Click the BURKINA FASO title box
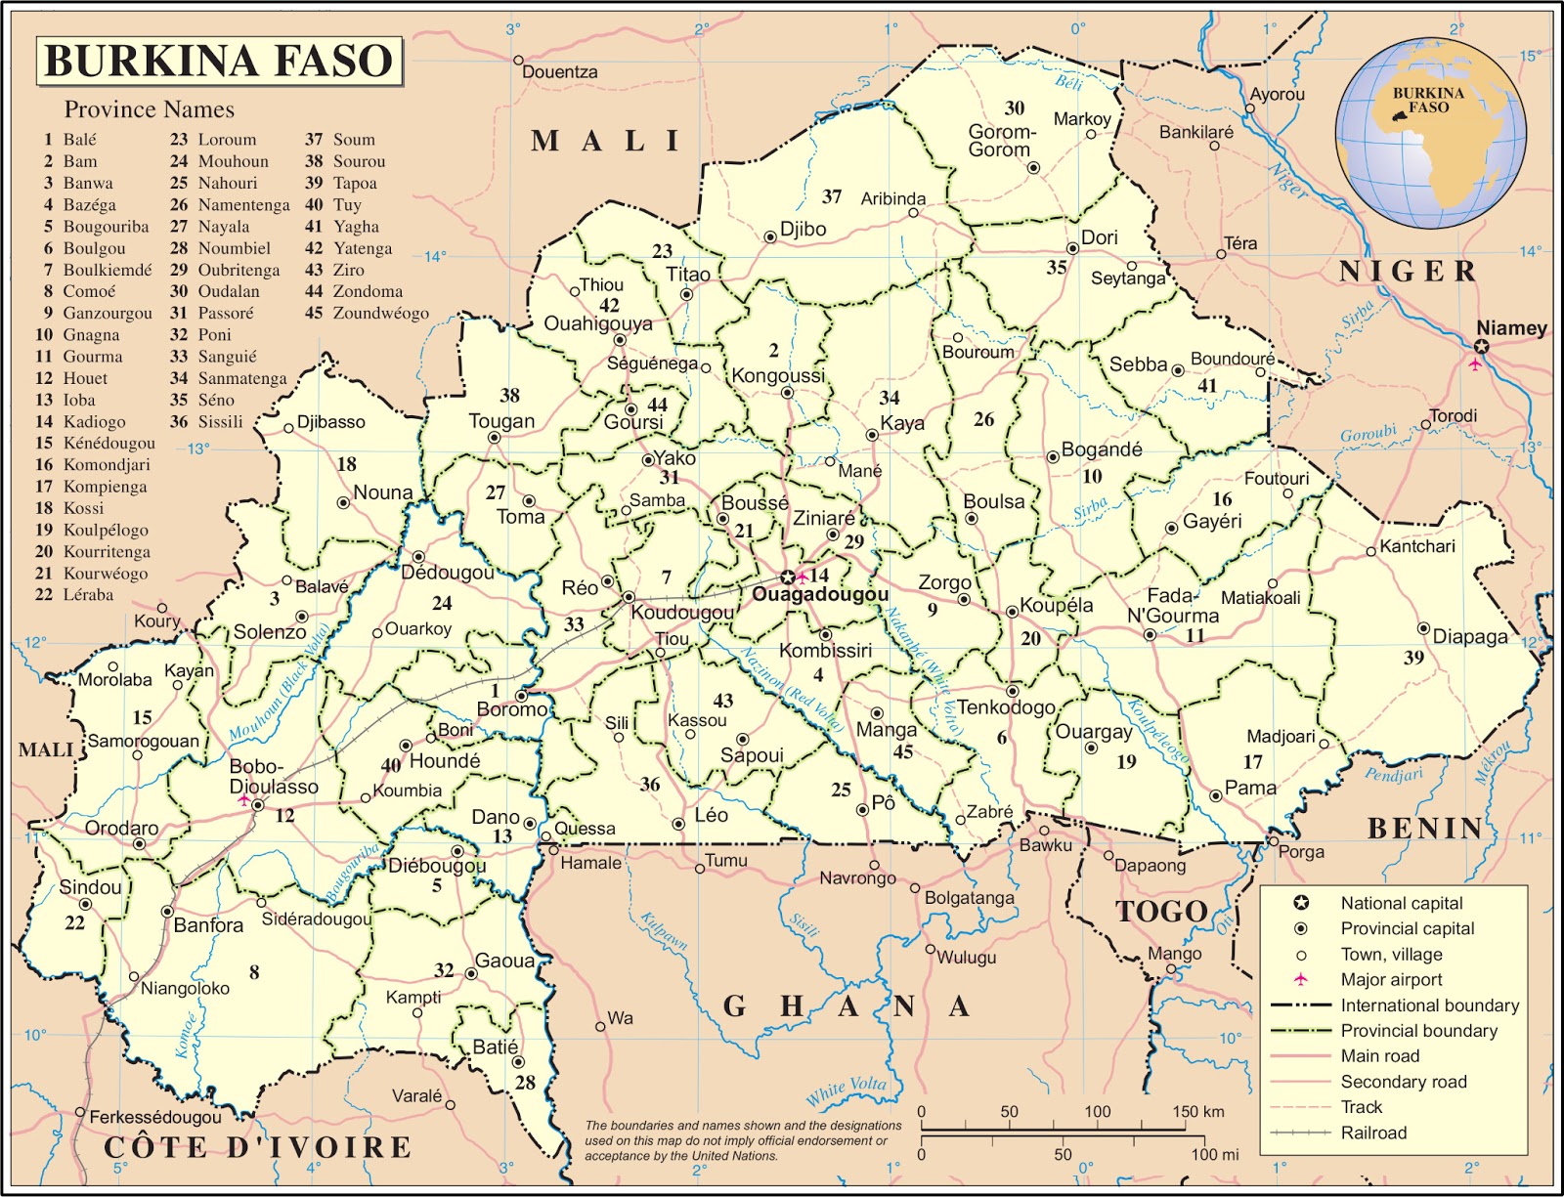[219, 61]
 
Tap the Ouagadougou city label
[820, 594]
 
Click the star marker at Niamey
[1481, 347]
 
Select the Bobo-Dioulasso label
[273, 777]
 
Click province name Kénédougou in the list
[109, 443]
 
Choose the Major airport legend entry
[1390, 979]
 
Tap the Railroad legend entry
[1372, 1133]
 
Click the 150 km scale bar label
[1198, 1111]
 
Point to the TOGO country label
[1162, 912]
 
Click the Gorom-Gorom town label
[1001, 141]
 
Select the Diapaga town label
[1470, 636]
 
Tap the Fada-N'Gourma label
[1173, 606]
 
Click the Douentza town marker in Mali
[519, 61]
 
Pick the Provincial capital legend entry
[1406, 928]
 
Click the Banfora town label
[208, 924]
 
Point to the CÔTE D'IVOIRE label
[258, 1146]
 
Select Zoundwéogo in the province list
[380, 313]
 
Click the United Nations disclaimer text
[742, 1140]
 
